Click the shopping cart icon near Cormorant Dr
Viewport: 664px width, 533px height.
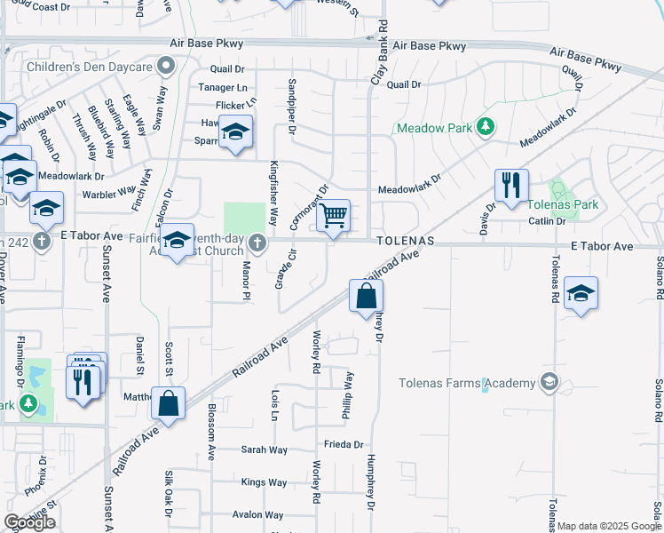click(334, 215)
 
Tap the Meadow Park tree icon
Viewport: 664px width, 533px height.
click(485, 127)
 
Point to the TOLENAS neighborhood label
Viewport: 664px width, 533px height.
click(405, 241)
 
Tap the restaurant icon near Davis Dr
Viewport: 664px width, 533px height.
click(511, 185)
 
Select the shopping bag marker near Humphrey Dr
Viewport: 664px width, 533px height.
click(366, 295)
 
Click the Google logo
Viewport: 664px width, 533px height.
click(29, 522)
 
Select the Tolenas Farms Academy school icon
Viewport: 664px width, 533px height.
click(549, 383)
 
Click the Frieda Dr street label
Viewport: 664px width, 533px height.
click(344, 444)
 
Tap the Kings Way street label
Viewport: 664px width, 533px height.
click(265, 482)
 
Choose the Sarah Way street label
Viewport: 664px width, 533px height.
click(265, 450)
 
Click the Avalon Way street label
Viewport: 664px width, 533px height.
click(258, 514)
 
